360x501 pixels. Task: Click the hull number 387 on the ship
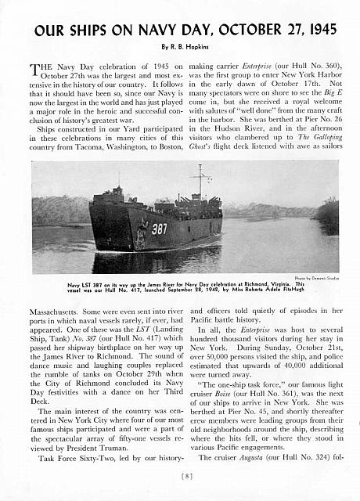[159, 229]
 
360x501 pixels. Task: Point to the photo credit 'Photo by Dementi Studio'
[313, 278]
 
